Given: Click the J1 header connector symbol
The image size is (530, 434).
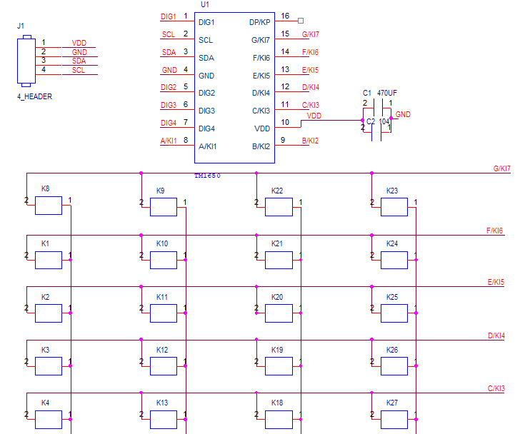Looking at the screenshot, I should pos(27,60).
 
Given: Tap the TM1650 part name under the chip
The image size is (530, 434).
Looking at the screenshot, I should pos(208,175).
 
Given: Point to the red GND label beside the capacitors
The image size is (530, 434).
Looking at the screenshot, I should pos(403,114).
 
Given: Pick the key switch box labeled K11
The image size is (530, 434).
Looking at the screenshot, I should pos(164,313).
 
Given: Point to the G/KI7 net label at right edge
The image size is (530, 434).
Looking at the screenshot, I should pos(502,168).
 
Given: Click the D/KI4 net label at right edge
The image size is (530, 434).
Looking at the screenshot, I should pos(496,335).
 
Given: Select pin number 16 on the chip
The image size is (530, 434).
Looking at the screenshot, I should pos(285,16).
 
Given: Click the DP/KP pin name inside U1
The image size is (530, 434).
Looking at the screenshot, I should pos(259,22).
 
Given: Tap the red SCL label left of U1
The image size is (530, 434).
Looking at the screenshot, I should pos(168,34).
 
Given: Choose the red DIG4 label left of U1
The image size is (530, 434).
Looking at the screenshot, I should pos(169,123).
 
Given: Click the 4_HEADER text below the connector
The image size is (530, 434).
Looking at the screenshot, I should pos(34,96).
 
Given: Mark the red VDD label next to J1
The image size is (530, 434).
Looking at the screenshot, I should pos(79,44).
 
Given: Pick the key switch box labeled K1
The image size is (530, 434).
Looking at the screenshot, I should pos(49,260).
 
